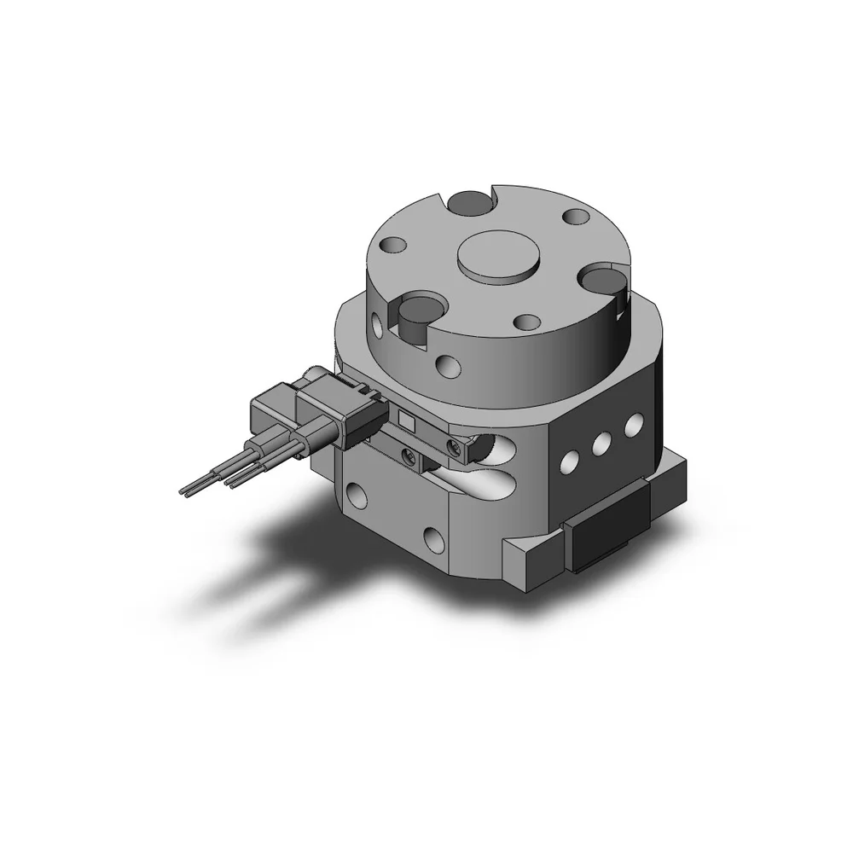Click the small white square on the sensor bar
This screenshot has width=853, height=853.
coord(407,420)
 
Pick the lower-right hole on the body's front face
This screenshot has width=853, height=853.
coord(432,538)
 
